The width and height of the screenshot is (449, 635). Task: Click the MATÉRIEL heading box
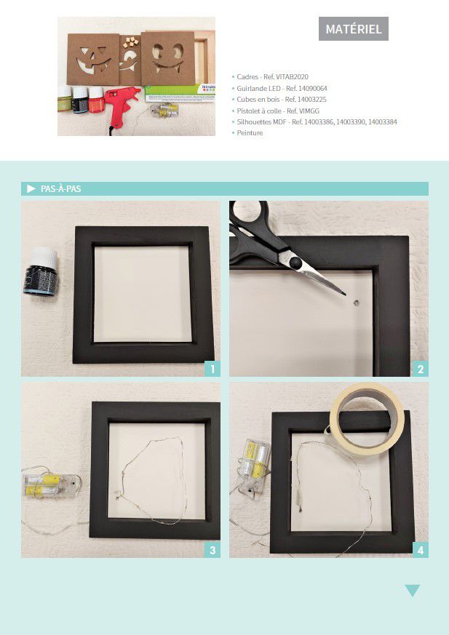click(354, 29)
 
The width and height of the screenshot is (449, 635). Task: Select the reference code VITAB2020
click(292, 77)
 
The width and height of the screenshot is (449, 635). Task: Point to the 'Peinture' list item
click(250, 133)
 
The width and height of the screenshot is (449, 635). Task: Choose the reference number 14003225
click(312, 100)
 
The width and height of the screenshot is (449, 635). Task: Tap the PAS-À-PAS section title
click(61, 188)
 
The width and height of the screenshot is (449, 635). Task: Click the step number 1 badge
click(212, 369)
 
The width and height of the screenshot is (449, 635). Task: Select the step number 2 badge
click(420, 369)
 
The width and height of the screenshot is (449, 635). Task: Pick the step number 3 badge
click(212, 550)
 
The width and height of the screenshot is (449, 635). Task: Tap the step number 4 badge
click(420, 550)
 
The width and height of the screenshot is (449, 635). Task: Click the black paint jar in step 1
click(41, 271)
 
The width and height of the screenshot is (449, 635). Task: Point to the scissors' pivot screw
click(295, 262)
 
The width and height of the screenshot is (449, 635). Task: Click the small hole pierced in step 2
click(357, 302)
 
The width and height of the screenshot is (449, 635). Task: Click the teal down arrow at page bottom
click(412, 591)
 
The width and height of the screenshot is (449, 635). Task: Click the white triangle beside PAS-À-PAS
click(31, 188)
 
